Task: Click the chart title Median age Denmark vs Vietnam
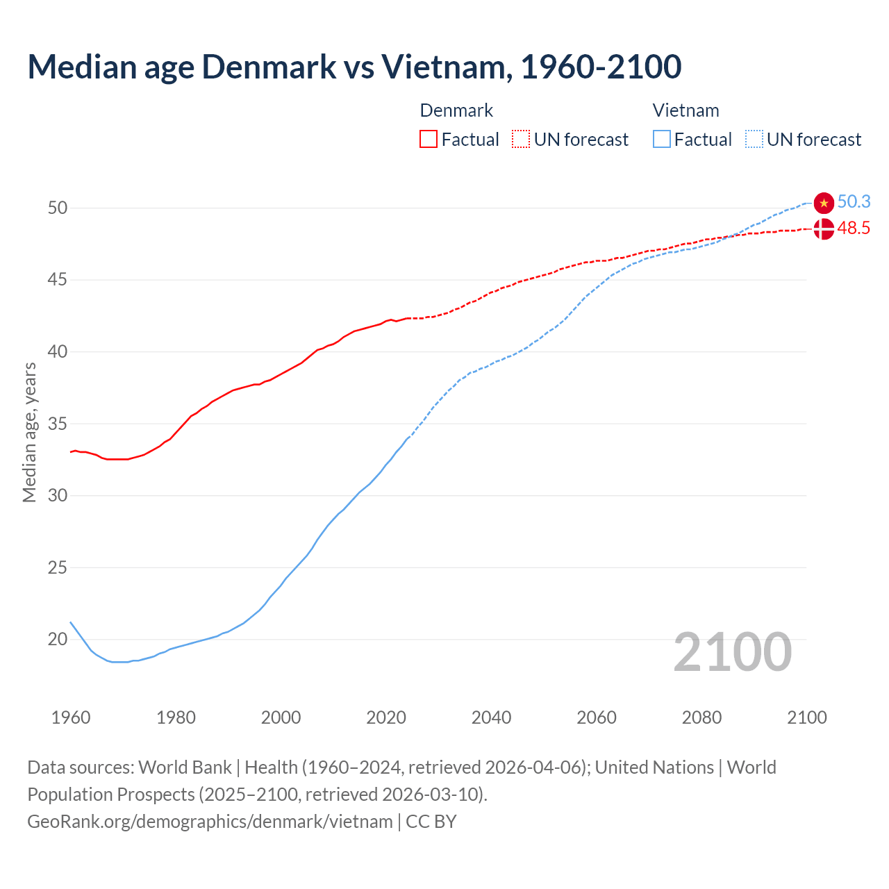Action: [354, 67]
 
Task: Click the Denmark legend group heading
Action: [456, 110]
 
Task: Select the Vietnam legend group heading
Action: [686, 110]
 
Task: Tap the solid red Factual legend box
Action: [429, 140]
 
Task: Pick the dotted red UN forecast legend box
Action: [521, 140]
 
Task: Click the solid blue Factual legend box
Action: [662, 140]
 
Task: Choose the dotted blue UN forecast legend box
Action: [754, 140]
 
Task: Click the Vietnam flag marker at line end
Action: [824, 202]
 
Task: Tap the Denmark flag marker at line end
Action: [824, 229]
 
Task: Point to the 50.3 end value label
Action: [854, 201]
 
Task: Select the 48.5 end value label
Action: [854, 229]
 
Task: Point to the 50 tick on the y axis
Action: [58, 208]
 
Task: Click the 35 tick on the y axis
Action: [58, 424]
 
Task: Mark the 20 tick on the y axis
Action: [58, 639]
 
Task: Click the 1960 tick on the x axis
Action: [71, 717]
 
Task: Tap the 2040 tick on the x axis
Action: [491, 717]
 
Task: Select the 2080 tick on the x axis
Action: [701, 717]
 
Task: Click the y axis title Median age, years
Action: [29, 432]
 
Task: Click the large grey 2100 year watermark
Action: [732, 652]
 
